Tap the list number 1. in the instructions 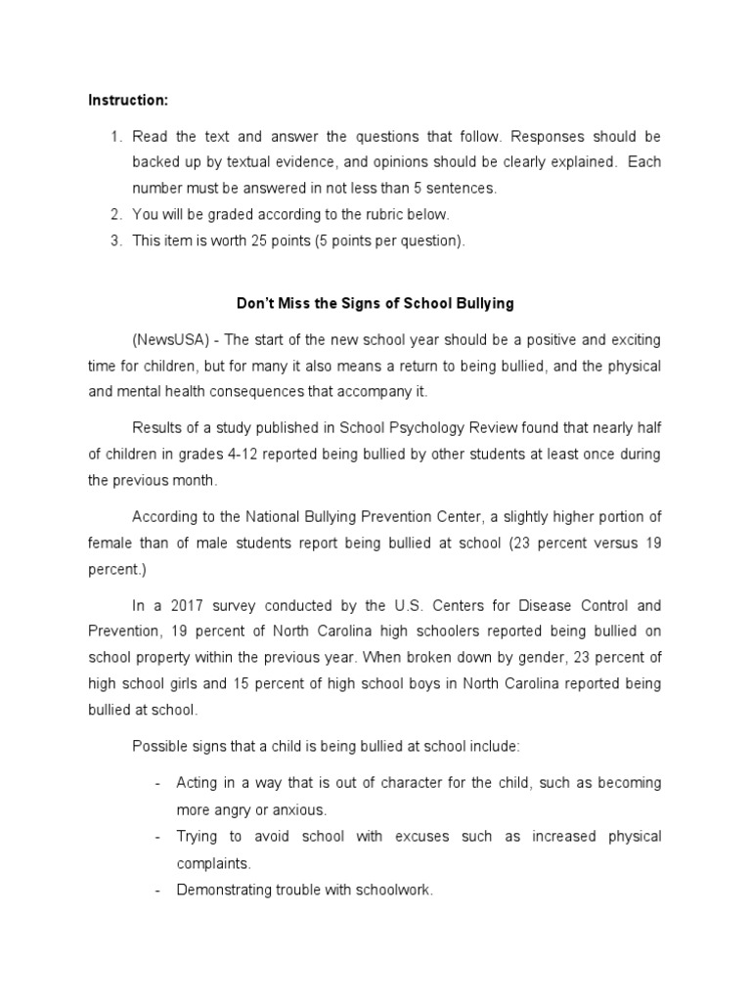115,136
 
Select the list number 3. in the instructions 115,241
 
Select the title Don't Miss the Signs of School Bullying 375,303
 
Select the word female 110,543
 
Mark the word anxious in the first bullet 307,810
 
